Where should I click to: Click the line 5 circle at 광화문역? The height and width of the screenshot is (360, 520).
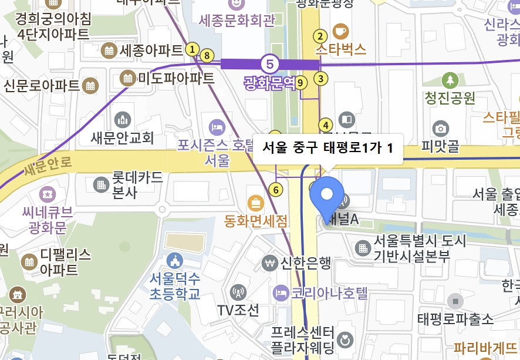(x=269, y=63)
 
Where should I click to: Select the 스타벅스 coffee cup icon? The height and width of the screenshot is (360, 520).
(x=340, y=31)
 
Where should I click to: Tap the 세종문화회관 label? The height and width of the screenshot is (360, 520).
(x=237, y=21)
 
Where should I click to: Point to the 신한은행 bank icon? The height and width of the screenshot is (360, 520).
(x=270, y=262)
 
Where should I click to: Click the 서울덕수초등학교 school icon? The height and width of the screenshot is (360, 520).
(x=174, y=260)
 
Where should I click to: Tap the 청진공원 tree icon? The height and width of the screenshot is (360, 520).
(x=450, y=80)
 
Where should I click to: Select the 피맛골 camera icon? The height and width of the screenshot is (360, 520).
(x=440, y=128)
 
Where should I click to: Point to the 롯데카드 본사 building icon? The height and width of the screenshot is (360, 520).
(x=102, y=184)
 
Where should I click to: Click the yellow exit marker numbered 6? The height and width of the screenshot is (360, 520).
(x=275, y=189)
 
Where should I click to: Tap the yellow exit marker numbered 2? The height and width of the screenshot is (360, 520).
(x=320, y=35)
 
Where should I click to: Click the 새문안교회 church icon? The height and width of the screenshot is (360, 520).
(x=123, y=120)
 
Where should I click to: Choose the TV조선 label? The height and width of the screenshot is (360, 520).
(x=238, y=310)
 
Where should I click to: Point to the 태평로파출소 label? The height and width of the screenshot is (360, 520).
(x=455, y=319)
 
